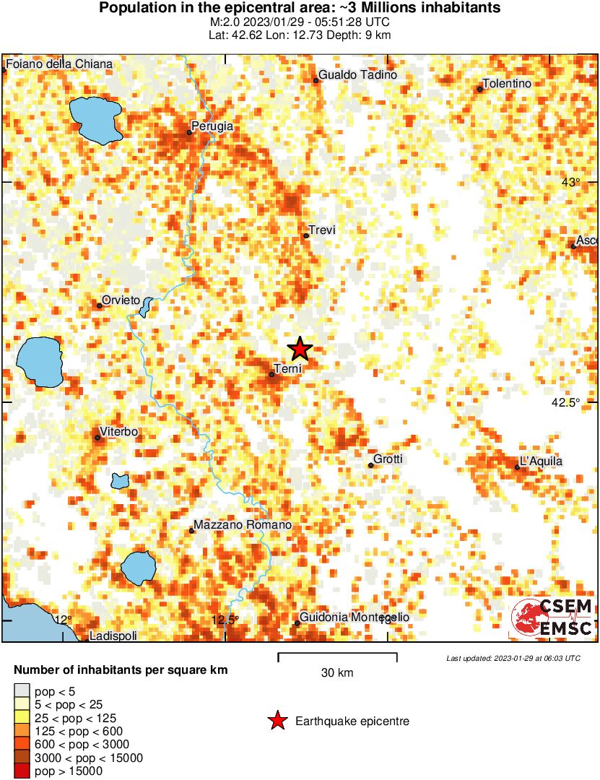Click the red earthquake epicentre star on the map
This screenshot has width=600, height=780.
[x=300, y=350]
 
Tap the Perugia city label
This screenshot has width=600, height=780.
[x=212, y=126]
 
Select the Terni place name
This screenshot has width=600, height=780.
[x=287, y=369]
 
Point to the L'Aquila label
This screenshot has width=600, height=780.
[x=541, y=461]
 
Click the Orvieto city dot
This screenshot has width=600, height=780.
[x=100, y=305]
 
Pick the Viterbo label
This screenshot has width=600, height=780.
[x=119, y=432]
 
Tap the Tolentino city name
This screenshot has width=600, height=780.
[x=507, y=84]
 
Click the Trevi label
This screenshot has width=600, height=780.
[x=323, y=230]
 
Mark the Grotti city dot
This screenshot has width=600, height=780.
[x=371, y=465]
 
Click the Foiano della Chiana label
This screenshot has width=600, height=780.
[x=59, y=64]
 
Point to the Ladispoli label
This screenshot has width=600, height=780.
[x=113, y=636]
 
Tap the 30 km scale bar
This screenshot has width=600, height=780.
[x=337, y=657]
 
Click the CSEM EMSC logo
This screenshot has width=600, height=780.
[x=552, y=617]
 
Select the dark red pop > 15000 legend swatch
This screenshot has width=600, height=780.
[x=22, y=771]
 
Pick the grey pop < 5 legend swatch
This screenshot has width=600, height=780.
[x=22, y=691]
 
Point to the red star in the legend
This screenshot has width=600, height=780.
[x=276, y=721]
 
